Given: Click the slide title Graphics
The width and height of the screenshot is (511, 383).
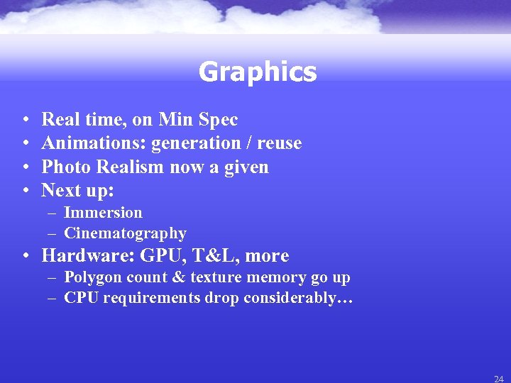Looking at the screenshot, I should click(x=257, y=72).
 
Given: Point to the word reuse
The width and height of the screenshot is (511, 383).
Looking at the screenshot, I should click(x=279, y=143).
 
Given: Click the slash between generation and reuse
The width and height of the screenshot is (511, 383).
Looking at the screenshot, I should click(x=248, y=143).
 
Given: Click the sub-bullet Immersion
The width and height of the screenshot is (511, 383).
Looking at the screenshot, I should click(x=103, y=213).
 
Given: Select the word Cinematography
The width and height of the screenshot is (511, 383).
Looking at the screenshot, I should click(x=125, y=233).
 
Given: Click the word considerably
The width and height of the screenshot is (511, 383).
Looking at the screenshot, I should click(x=298, y=298).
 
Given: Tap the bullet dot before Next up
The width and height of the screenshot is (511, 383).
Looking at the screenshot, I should click(x=26, y=191).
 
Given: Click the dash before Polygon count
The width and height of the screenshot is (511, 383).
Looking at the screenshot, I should click(x=53, y=278).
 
